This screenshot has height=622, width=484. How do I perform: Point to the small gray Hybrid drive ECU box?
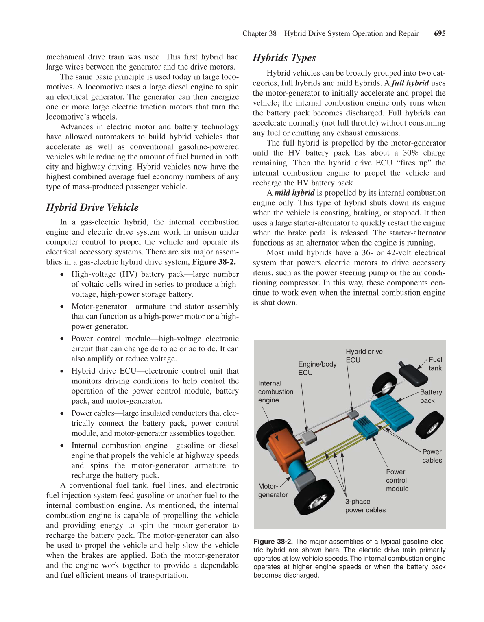(x=352, y=414)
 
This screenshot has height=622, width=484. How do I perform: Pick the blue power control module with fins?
(x=366, y=427)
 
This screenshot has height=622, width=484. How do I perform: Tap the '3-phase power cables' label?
(x=365, y=506)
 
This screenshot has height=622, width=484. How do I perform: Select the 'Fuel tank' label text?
(x=435, y=364)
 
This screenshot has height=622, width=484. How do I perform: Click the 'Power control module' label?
(x=397, y=480)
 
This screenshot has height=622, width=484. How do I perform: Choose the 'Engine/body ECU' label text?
(x=317, y=368)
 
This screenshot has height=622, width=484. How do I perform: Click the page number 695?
(x=440, y=33)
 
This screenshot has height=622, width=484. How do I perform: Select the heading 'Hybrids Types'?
(x=284, y=58)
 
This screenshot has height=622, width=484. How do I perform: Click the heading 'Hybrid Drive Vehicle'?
(x=92, y=207)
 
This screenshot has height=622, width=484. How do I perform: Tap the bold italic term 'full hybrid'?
(x=410, y=83)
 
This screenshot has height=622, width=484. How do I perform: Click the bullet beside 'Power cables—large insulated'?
(x=62, y=413)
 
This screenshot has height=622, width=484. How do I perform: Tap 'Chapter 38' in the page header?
(x=259, y=33)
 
